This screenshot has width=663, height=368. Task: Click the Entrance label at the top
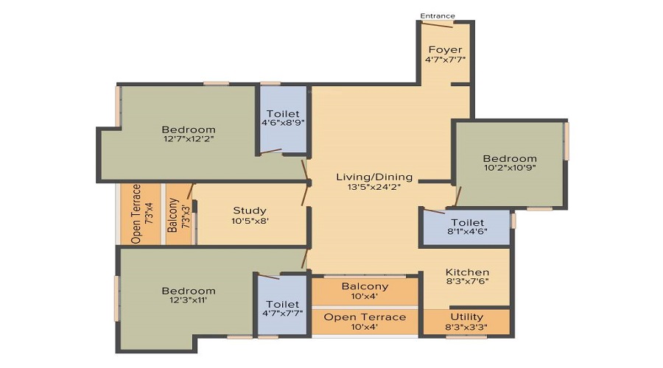[x=437, y=16]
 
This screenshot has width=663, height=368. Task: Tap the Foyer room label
[x=445, y=49]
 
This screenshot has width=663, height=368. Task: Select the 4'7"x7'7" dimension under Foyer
[x=445, y=60]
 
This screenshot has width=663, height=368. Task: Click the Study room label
[x=250, y=210]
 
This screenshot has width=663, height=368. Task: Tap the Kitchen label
[x=467, y=272]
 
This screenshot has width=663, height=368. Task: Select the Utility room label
[x=467, y=317]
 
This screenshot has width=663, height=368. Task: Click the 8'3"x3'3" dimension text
[x=467, y=327]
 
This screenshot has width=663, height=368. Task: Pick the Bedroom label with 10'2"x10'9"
[x=510, y=158]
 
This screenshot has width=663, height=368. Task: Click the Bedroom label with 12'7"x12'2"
[x=189, y=130]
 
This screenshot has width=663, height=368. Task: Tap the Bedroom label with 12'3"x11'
[x=189, y=291]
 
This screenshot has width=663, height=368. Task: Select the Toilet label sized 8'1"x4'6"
[x=467, y=222]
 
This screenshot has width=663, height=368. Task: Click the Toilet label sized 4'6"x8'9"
[x=283, y=113]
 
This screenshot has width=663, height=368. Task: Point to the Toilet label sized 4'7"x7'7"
[x=283, y=304]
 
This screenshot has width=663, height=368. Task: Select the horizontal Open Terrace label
[x=365, y=317]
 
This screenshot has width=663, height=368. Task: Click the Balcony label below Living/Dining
[x=365, y=286]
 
